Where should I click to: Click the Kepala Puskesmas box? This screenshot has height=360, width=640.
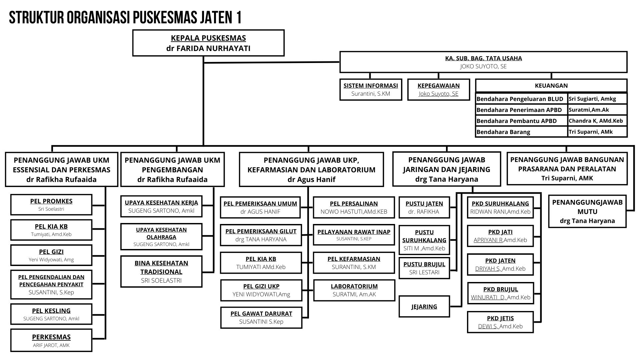[x=208, y=43]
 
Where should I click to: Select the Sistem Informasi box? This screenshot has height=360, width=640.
[x=371, y=89]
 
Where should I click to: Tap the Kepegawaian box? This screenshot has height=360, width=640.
[x=439, y=89]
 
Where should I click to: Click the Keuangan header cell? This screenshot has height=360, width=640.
[x=551, y=86]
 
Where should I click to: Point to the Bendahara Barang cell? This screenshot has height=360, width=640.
[x=522, y=132]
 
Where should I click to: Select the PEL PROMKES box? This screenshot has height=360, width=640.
[x=51, y=205]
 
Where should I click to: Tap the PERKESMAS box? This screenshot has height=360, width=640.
[x=51, y=340]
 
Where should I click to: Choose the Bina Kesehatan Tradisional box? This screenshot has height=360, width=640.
[x=161, y=271]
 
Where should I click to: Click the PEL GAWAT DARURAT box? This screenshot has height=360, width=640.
[x=261, y=317]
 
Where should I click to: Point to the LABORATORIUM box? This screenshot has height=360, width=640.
[x=354, y=290]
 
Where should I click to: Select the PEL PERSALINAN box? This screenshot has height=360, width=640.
[x=354, y=207]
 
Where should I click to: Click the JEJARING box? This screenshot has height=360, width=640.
[x=424, y=306]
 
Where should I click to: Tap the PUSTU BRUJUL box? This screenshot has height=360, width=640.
[x=424, y=268]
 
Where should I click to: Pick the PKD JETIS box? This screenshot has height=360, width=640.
[x=500, y=322]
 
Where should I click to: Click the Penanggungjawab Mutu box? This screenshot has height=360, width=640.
[x=587, y=211]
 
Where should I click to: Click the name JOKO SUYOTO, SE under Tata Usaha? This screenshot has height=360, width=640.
[x=483, y=66]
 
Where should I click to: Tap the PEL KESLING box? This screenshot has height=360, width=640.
[x=51, y=314]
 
